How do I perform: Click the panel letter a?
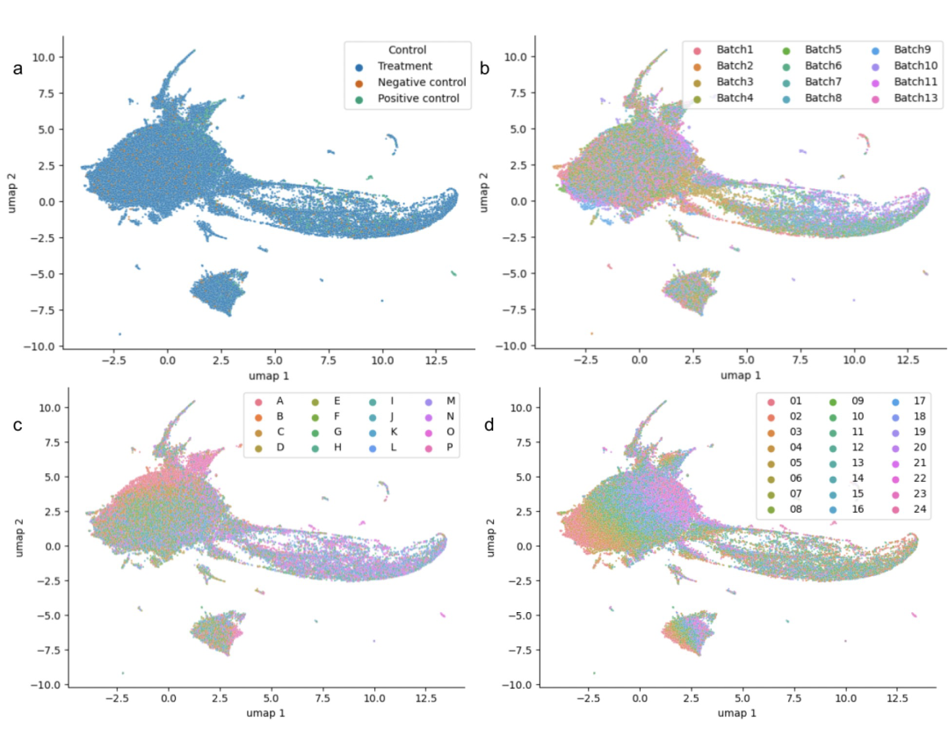click(18, 68)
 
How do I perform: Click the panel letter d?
click(489, 426)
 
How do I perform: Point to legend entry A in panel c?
click(279, 401)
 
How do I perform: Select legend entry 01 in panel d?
click(795, 399)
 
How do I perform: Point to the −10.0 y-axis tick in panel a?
click(40, 346)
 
